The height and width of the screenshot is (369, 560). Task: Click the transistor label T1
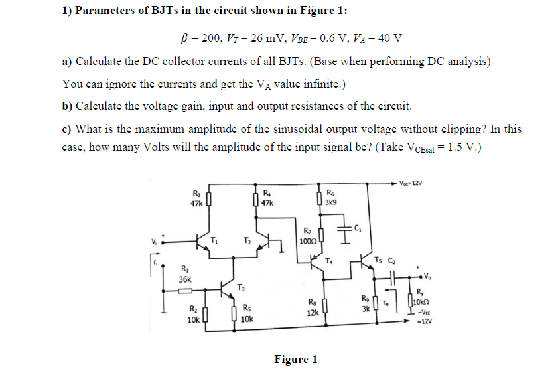coord(214,239)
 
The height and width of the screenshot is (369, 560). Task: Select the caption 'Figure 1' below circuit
coord(295,359)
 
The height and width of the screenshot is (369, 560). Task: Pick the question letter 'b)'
coord(67,106)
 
